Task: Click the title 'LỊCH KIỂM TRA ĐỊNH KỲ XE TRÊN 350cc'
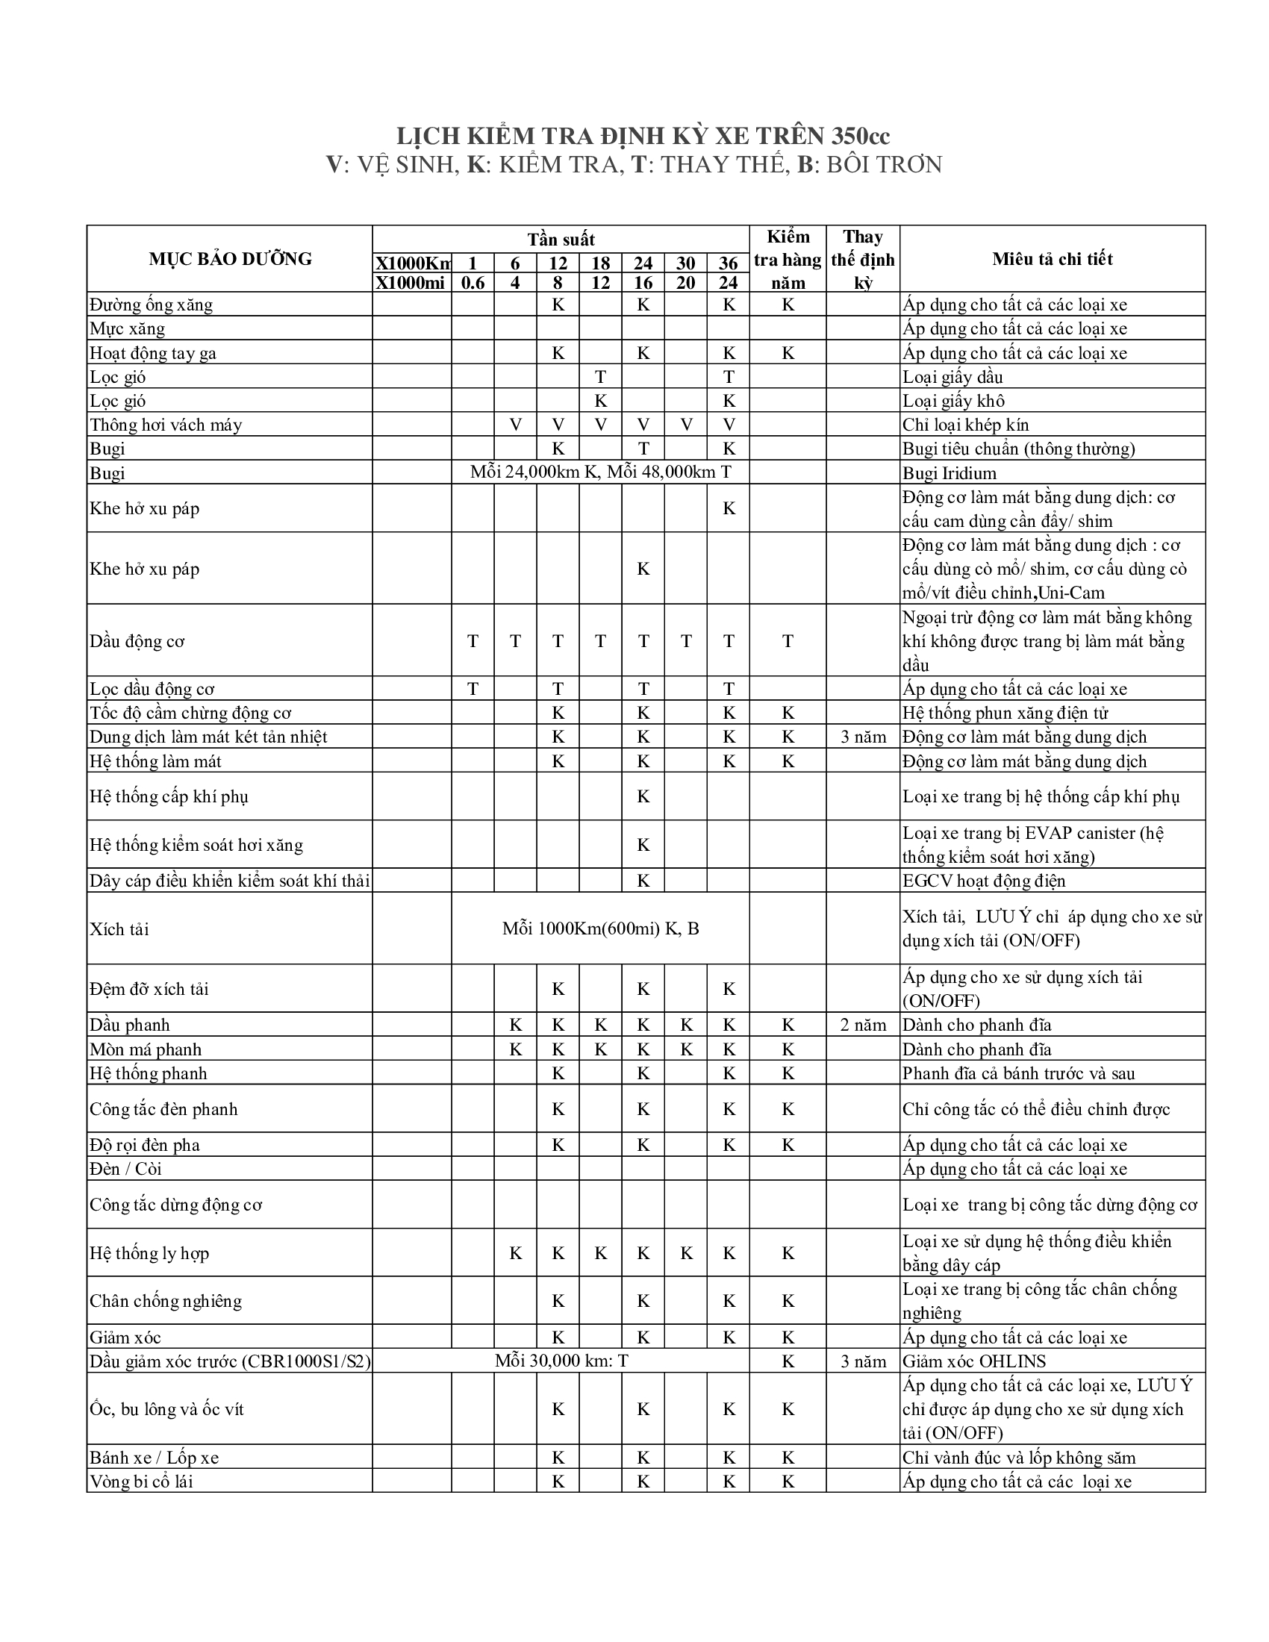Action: pos(643,136)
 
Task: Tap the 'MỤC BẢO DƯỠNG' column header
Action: pos(230,259)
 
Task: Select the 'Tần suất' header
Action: pos(561,239)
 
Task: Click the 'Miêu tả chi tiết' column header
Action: pos(1052,259)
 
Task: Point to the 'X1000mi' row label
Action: pos(411,283)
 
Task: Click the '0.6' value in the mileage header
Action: pos(473,283)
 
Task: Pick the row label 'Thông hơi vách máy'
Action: pos(166,425)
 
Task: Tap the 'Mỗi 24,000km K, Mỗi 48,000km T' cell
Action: pos(600,472)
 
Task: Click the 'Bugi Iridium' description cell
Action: pos(950,473)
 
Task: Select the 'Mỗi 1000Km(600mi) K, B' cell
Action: pos(600,928)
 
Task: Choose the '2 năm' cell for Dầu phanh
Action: pos(863,1025)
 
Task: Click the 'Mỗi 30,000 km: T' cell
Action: pos(561,1361)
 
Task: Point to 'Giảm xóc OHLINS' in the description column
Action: pos(974,1361)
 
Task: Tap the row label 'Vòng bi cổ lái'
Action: pos(141,1481)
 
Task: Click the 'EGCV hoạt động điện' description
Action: pos(984,881)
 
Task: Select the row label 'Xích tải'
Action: pos(119,929)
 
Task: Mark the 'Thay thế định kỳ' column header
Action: pos(863,260)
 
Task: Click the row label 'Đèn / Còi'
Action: pos(125,1168)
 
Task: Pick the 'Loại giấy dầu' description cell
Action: pos(952,377)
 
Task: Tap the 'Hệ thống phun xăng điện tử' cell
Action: pos(1005,713)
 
